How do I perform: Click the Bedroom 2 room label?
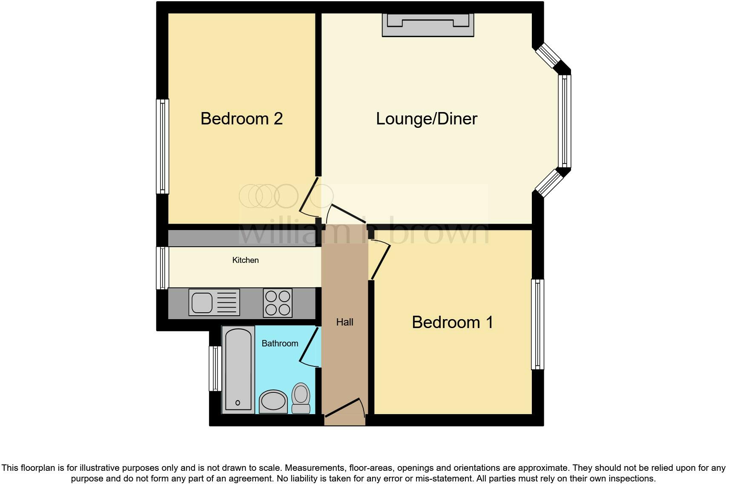241,118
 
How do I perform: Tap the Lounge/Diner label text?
426,118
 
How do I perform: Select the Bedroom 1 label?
452,322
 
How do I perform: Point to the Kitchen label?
245,260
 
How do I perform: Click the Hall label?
344,322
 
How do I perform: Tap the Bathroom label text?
280,343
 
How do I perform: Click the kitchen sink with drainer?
214,302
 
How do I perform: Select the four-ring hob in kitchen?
278,303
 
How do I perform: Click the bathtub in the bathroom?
238,369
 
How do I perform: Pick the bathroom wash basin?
273,401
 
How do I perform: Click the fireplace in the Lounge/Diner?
428,25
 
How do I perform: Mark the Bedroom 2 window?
162,146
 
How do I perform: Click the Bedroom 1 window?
537,324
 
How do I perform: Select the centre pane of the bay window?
565,121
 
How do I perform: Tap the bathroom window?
215,369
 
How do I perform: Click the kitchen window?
162,268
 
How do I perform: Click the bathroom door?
310,346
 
